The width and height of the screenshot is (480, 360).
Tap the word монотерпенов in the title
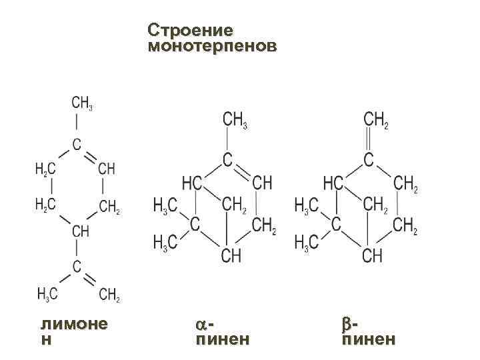(211, 47)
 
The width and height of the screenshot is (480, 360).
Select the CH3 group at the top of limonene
(81, 103)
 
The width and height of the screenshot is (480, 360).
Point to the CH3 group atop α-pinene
(235, 120)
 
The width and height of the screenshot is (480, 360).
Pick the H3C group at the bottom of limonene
(47, 294)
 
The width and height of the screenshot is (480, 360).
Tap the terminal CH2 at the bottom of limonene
(109, 294)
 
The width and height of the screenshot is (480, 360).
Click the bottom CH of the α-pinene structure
(231, 255)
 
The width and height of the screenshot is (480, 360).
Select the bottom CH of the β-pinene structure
(373, 255)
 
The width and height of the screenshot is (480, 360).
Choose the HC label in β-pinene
(333, 183)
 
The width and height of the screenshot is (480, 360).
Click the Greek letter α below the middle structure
(201, 325)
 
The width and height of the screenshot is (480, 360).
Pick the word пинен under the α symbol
(222, 340)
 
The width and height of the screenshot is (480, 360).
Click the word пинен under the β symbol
(368, 340)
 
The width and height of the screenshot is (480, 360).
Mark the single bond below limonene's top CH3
(77, 123)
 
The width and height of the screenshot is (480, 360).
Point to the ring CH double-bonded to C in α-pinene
(262, 183)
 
